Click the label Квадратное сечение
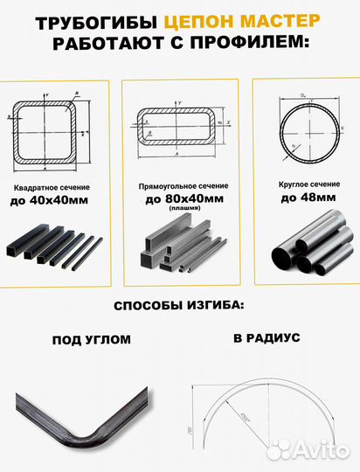(50, 189)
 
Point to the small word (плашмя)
(182, 210)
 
